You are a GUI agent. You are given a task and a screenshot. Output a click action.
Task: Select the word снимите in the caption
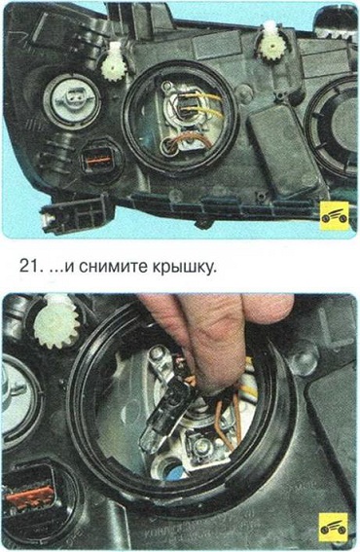(112, 267)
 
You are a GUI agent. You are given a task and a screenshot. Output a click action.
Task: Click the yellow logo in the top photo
(335, 217)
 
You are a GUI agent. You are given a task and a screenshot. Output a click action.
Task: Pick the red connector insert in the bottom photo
(29, 497)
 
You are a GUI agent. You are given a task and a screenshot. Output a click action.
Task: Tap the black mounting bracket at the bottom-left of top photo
(76, 216)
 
